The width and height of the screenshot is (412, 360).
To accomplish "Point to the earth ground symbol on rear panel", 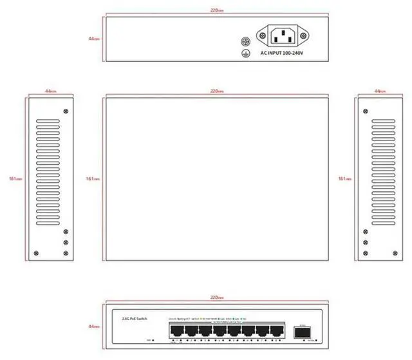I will point(245,53).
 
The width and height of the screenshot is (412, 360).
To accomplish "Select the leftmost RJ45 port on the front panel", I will point(176,332).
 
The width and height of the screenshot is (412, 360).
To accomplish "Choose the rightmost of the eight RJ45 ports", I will point(277,332).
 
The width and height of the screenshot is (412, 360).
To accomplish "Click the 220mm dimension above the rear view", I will point(217,10).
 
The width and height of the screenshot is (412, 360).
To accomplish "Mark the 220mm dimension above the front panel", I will point(217,298).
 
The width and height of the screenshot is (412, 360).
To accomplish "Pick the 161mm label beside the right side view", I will point(344,179).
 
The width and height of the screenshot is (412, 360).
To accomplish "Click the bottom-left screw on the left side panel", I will point(35,252).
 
